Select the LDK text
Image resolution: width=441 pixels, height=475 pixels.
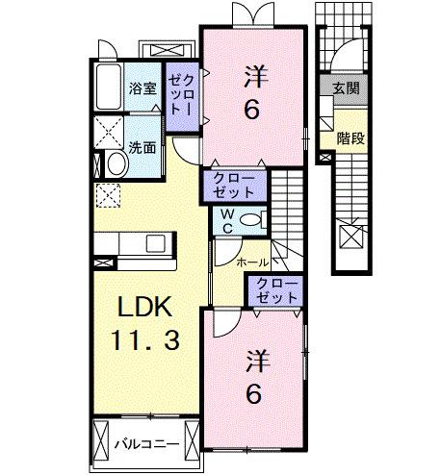coord(143,309)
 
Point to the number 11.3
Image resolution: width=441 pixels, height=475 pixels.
coord(143,339)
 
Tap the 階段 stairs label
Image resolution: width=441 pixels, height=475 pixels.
coord(350,137)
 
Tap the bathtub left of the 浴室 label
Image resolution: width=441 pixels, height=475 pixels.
coord(108,89)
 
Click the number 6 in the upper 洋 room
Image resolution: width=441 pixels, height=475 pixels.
coord(251,111)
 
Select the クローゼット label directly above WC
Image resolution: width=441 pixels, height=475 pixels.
coord(227,185)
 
